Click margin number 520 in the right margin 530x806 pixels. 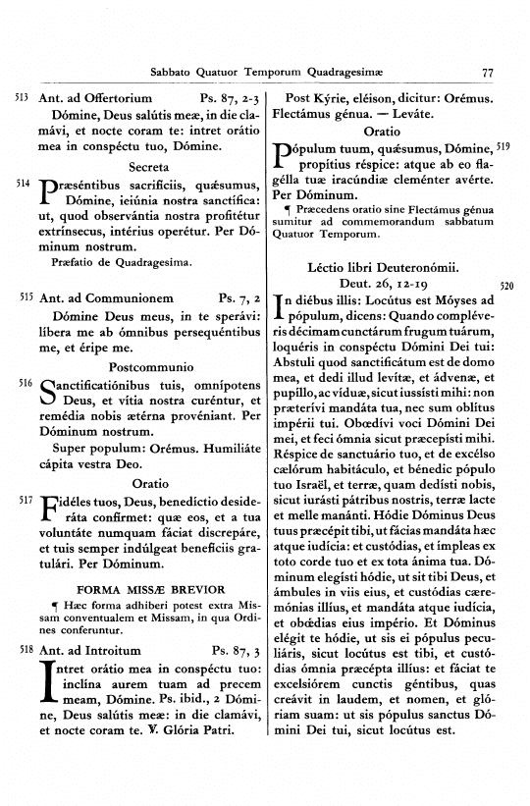(x=507, y=286)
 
